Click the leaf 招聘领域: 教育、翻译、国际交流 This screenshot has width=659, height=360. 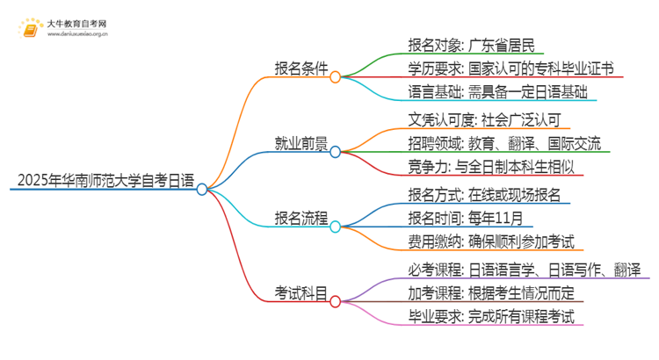point(504,143)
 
